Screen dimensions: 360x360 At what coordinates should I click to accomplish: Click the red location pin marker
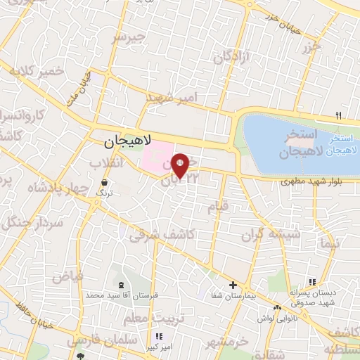coord(180,166)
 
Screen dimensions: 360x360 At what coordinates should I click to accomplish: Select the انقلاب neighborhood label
coord(106,162)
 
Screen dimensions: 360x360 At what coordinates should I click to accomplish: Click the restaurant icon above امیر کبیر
coord(159,336)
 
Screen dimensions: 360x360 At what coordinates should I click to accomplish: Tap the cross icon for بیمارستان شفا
coord(233,284)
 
